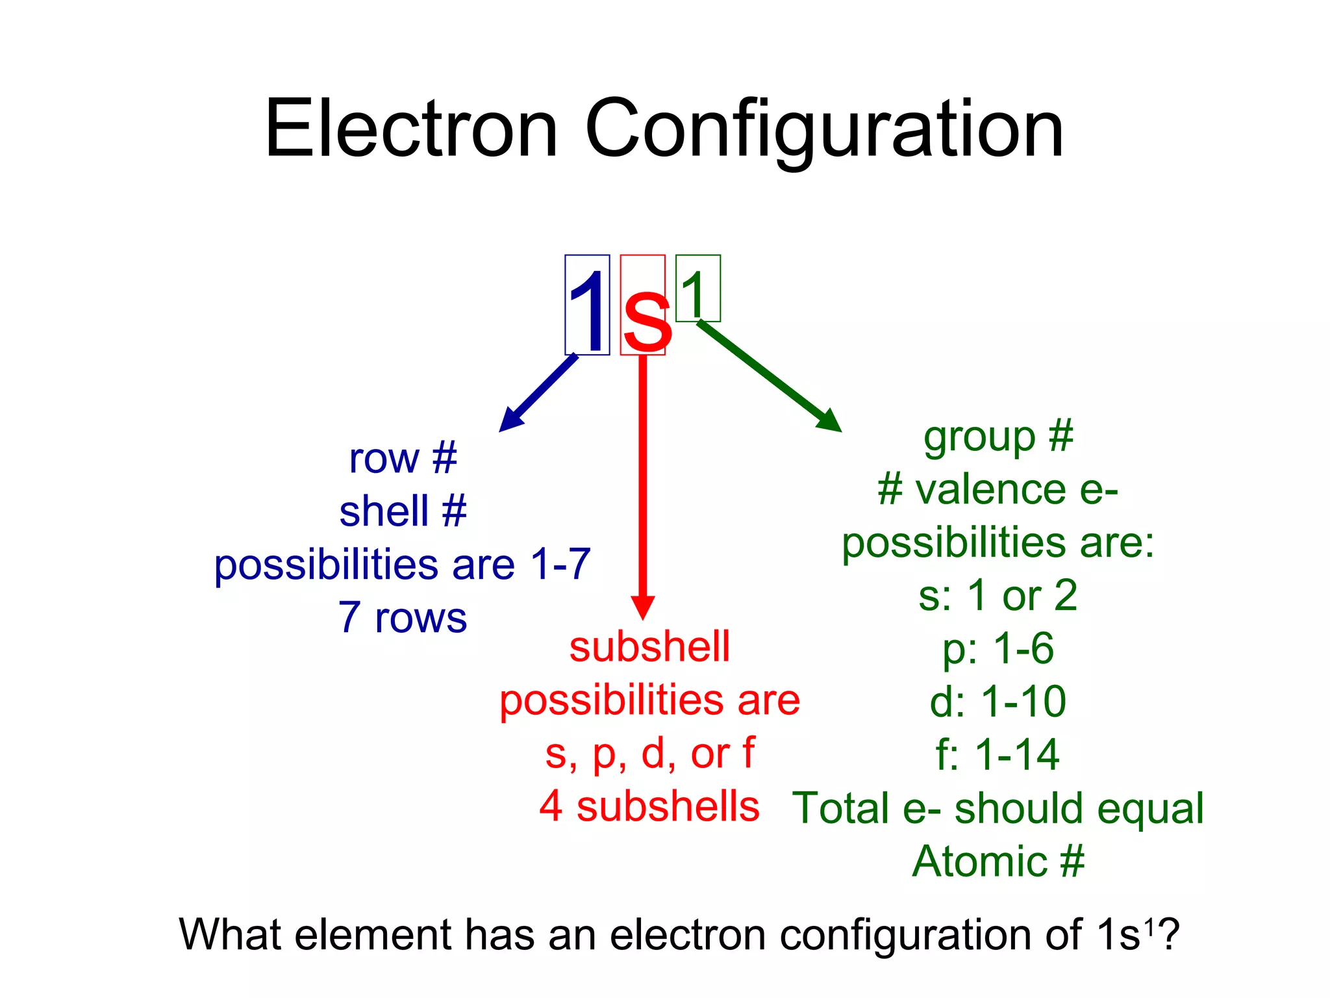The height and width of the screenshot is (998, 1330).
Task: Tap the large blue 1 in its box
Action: click(x=587, y=305)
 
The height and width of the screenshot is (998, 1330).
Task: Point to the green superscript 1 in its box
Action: click(x=696, y=290)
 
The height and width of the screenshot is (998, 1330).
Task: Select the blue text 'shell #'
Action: click(x=403, y=511)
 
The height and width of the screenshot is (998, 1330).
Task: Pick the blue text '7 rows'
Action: click(x=403, y=617)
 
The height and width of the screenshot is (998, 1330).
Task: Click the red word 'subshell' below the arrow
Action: click(x=649, y=647)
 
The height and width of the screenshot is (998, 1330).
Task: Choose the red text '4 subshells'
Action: click(x=649, y=806)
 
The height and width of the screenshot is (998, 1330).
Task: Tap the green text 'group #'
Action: click(x=998, y=436)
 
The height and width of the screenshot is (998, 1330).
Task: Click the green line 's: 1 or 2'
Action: click(x=998, y=595)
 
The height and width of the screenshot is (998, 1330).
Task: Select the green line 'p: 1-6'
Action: click(x=998, y=648)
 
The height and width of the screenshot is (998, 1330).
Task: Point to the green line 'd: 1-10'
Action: click(x=998, y=702)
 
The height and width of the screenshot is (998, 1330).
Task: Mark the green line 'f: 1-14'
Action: click(x=998, y=755)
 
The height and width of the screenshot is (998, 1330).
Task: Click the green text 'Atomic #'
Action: click(x=998, y=862)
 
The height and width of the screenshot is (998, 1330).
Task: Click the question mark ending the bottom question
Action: click(x=1168, y=934)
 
